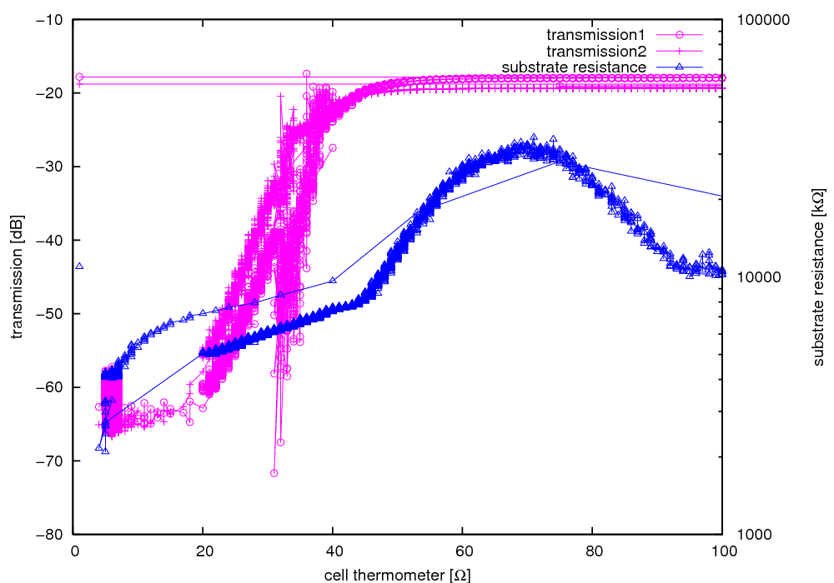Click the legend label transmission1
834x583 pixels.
tap(598, 35)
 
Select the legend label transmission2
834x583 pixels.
tap(598, 51)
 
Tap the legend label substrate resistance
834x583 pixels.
tap(574, 67)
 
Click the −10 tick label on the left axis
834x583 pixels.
tap(51, 19)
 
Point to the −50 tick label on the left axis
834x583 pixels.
tap(51, 314)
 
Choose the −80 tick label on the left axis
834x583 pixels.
tap(51, 535)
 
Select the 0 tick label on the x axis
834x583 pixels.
tap(75, 551)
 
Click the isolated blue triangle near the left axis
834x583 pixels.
tap(79, 266)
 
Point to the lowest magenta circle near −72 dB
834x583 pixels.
tap(274, 473)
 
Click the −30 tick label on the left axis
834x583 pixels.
tap(51, 167)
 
